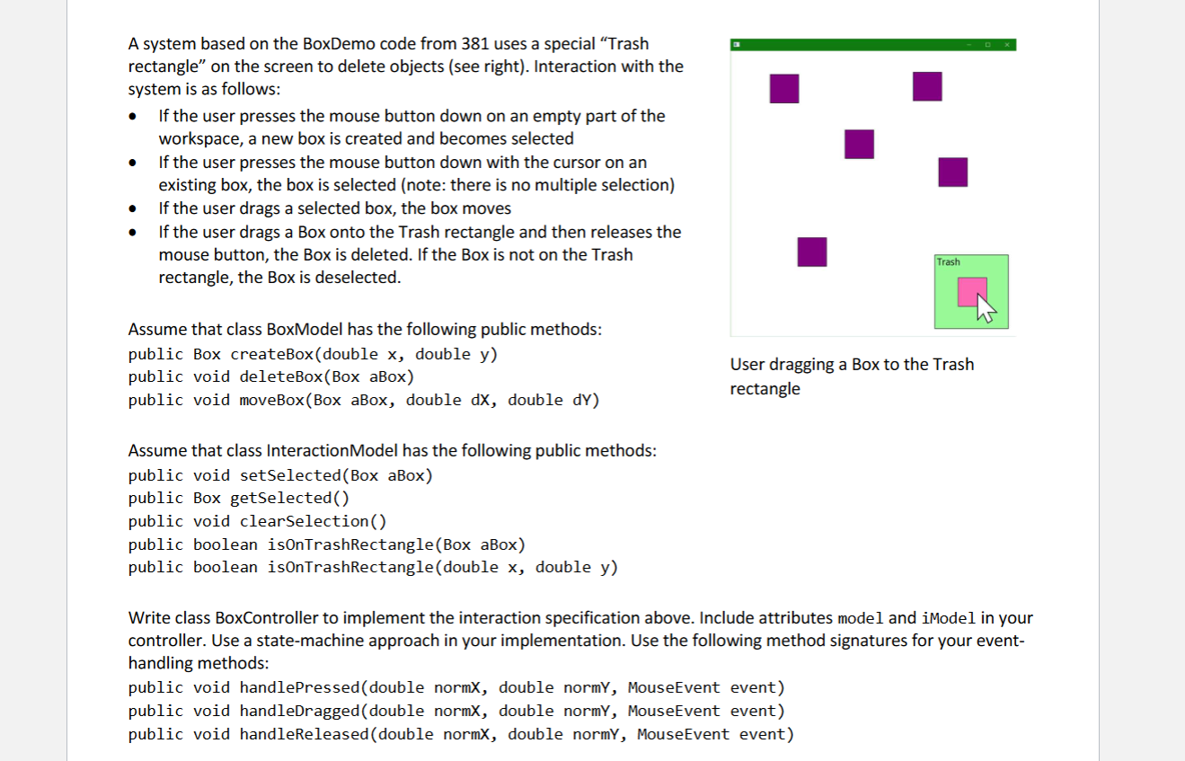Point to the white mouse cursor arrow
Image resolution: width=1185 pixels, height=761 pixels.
tap(986, 309)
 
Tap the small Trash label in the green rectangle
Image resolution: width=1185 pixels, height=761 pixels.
tap(948, 262)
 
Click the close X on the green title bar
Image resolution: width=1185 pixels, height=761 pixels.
tap(1007, 45)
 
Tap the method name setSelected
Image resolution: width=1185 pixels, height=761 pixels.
tap(290, 475)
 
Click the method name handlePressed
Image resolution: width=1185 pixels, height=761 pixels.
tap(299, 688)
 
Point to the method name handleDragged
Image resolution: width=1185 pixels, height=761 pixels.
tap(299, 711)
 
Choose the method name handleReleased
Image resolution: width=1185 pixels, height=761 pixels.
tap(305, 735)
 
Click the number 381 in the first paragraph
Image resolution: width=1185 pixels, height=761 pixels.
tap(474, 43)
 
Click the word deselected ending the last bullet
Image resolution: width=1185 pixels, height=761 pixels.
tap(355, 278)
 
